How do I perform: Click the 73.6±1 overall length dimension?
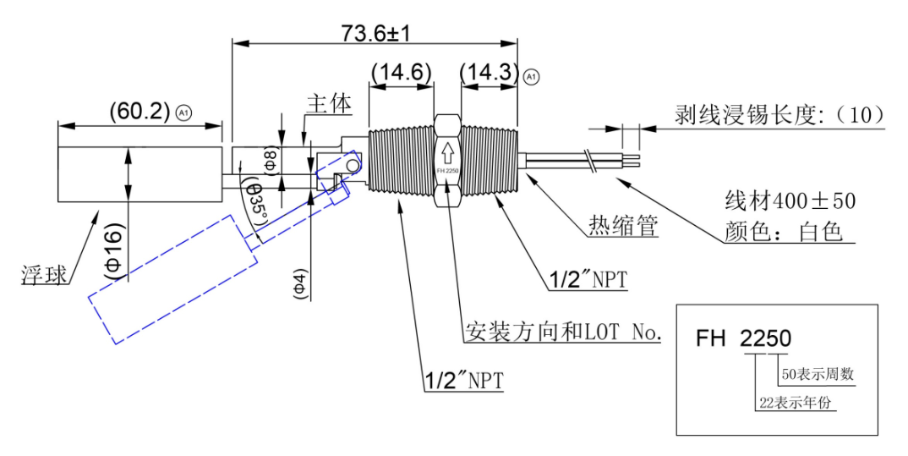(x=375, y=34)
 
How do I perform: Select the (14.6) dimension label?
(x=402, y=73)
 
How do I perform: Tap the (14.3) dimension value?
(x=490, y=73)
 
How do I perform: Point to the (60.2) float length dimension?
(x=140, y=111)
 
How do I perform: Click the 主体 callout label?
(x=329, y=104)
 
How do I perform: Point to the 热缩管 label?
(x=623, y=225)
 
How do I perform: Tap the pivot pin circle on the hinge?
(x=351, y=168)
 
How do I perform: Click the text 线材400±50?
(x=790, y=201)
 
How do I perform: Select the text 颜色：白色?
(x=783, y=232)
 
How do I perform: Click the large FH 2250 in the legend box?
(x=743, y=338)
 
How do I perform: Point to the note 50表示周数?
(x=818, y=374)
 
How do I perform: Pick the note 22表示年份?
(x=795, y=402)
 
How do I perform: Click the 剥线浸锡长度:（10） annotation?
(x=779, y=115)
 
